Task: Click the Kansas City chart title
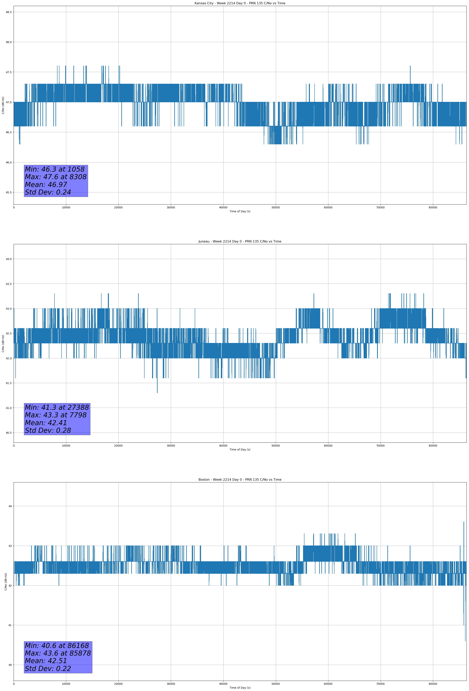click(240, 3)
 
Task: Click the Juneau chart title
click(240, 241)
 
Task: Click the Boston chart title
click(240, 480)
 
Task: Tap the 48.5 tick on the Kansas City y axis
click(8, 12)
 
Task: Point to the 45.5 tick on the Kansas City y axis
click(8, 192)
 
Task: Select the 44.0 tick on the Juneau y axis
click(8, 259)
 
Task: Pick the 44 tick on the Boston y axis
click(10, 506)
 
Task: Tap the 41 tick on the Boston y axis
click(10, 625)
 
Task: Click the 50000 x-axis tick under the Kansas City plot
click(276, 208)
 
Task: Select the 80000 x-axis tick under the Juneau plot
click(433, 446)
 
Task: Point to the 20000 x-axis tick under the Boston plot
click(118, 684)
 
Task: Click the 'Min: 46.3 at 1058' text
click(55, 169)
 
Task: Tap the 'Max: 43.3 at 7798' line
click(56, 415)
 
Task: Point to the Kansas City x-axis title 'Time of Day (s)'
click(240, 211)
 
